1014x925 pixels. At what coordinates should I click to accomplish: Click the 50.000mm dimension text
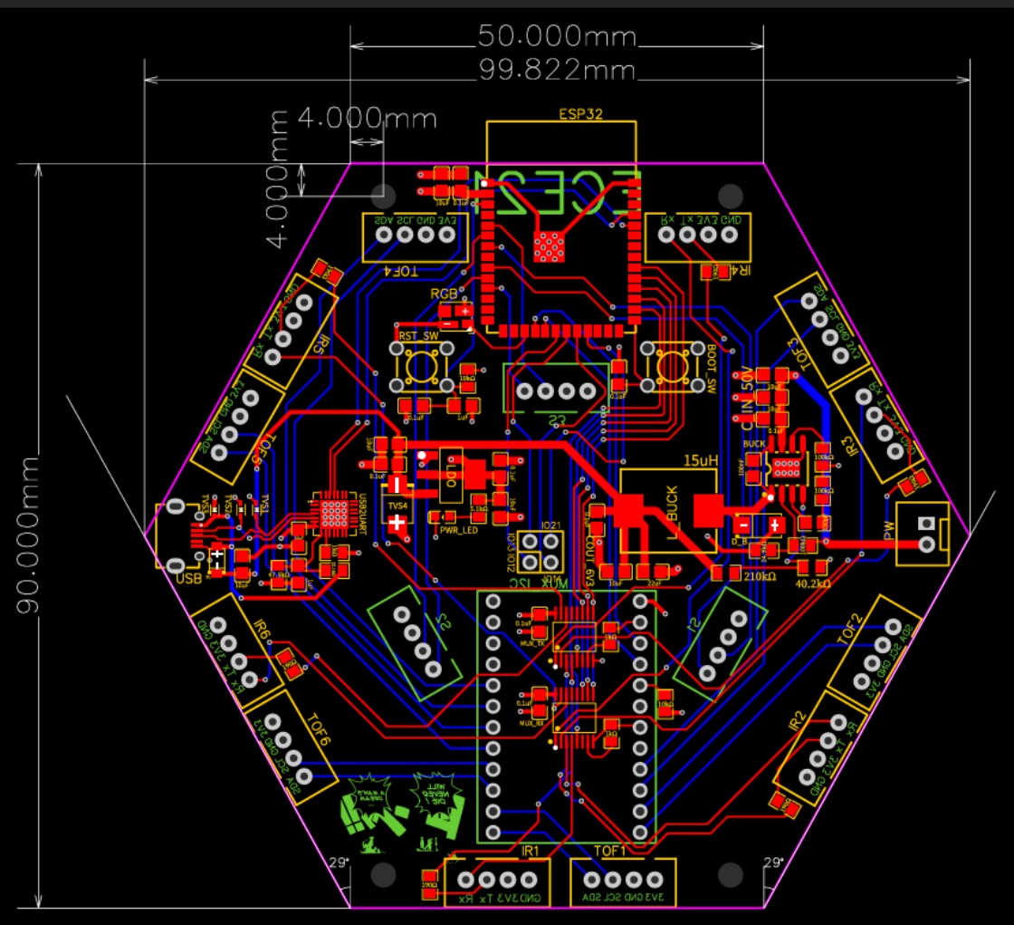coord(557,36)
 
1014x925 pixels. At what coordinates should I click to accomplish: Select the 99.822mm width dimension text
coord(557,70)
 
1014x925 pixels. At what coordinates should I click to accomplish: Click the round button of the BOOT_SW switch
coord(672,366)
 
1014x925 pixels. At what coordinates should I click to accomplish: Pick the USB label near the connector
coord(189,578)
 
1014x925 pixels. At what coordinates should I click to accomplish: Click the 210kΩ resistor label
coord(761,575)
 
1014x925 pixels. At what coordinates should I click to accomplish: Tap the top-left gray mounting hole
coord(384,195)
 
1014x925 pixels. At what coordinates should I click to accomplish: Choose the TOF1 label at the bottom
coord(610,851)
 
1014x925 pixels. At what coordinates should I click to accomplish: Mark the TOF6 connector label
coord(316,730)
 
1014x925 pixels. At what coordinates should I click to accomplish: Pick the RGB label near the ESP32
coord(444,294)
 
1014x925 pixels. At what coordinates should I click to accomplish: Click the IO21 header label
coord(551,525)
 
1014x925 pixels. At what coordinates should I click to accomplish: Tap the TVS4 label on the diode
coord(397,506)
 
